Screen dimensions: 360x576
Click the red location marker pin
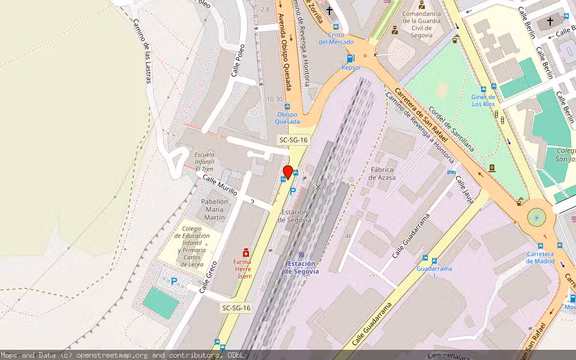288,172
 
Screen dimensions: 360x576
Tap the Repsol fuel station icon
350,58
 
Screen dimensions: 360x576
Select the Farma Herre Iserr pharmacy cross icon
245,253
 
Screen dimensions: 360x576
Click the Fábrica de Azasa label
382,173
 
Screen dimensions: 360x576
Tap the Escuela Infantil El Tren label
204,161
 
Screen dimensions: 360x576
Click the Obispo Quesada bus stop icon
287,107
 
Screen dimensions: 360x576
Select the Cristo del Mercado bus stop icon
335,27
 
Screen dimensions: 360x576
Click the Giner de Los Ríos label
483,100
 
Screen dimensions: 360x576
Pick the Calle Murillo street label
220,185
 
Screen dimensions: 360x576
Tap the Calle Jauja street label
464,190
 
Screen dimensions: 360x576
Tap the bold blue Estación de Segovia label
301,268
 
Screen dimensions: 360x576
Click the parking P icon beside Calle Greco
174,281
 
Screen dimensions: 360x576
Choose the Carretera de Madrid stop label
540,257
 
